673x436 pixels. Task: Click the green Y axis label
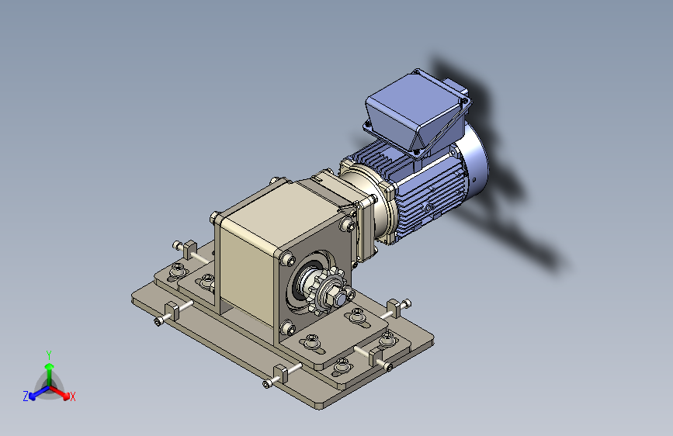coord(49,355)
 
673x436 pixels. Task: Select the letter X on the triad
coord(72,396)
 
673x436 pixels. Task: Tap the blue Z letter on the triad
coord(26,396)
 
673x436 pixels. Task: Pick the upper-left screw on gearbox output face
coord(287,258)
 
